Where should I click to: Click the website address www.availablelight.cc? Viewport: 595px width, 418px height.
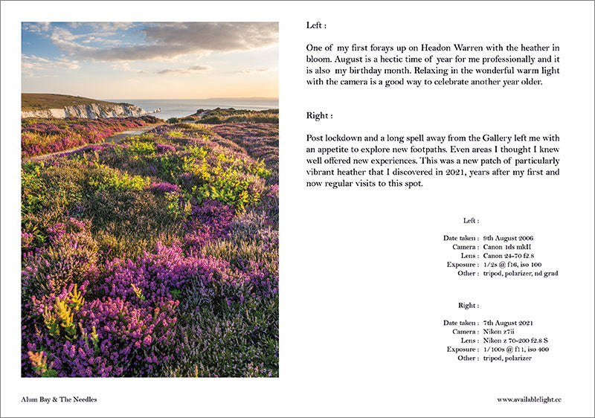(529, 399)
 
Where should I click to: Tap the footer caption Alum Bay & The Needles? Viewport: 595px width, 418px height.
(59, 399)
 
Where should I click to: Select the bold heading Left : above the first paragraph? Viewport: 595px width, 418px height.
(317, 25)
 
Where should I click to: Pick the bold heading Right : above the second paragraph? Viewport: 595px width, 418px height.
(319, 116)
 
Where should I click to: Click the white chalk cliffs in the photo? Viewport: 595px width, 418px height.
(89, 112)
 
